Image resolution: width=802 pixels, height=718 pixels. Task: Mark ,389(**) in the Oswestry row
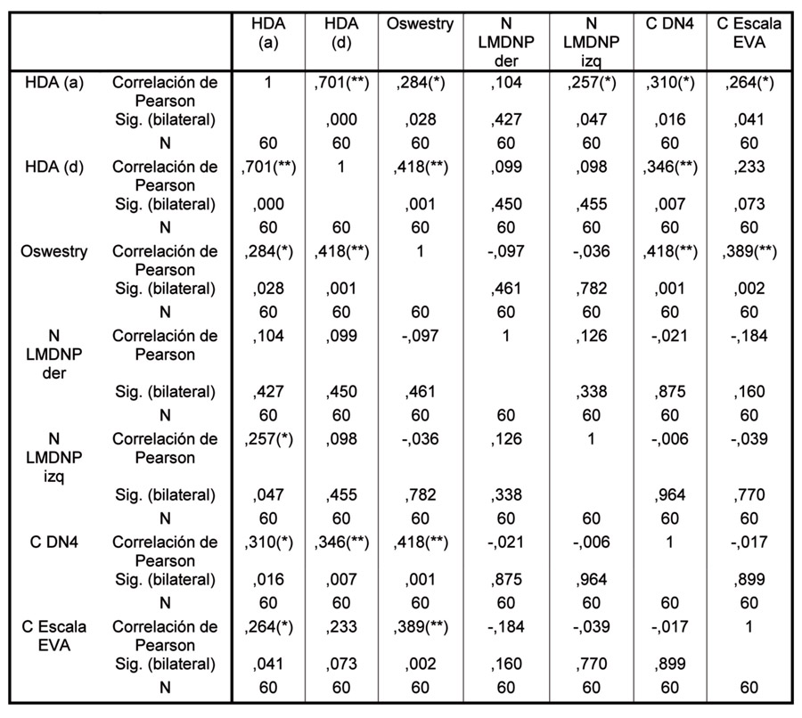pos(749,251)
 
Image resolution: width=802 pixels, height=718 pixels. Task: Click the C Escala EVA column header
pos(749,34)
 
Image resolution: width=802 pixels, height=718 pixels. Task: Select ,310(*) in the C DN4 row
pos(266,542)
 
